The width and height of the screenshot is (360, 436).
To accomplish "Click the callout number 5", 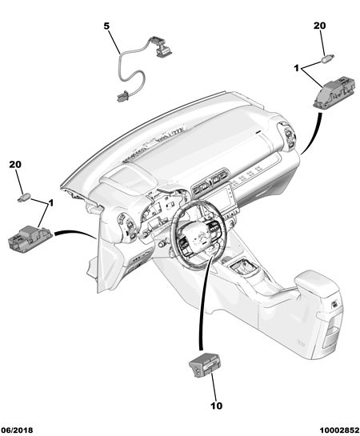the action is tap(106, 26).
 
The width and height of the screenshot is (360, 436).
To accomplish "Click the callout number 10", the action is tap(217, 406).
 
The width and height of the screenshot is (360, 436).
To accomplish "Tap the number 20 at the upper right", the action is tap(320, 26).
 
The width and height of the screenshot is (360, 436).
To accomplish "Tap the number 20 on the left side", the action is tap(15, 164).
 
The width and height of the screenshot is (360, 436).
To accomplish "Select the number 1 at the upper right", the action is tap(296, 68).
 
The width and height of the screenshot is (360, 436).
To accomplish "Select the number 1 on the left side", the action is tap(51, 203).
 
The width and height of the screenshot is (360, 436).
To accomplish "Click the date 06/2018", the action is tap(18, 430).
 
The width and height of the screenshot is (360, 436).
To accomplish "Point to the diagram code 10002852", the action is tap(339, 430).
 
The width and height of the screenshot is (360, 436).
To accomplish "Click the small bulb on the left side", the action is tap(24, 198).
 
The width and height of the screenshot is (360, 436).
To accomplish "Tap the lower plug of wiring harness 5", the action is tap(122, 98).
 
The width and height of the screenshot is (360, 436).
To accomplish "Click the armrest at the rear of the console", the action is tap(315, 285).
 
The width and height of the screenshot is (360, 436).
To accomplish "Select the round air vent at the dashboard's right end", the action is tap(288, 135).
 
